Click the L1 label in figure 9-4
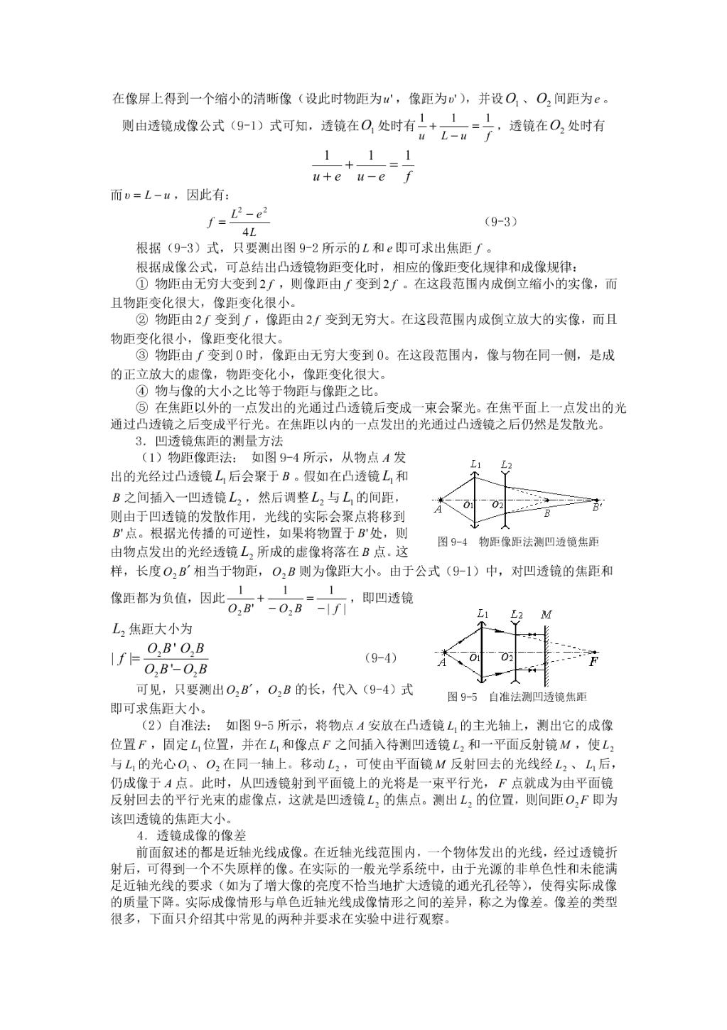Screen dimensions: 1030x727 click(x=475, y=464)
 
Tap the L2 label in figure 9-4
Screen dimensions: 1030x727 click(x=506, y=465)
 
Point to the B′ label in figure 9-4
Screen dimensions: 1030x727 click(x=598, y=508)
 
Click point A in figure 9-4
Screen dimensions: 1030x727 click(x=438, y=509)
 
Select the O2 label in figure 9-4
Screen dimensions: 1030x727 click(x=498, y=505)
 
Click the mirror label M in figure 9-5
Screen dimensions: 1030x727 click(x=546, y=613)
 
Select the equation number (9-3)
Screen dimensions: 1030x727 click(x=501, y=221)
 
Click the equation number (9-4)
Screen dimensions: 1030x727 click(x=381, y=658)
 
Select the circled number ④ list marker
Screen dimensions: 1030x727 click(x=141, y=391)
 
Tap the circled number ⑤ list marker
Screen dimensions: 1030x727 click(x=141, y=408)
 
